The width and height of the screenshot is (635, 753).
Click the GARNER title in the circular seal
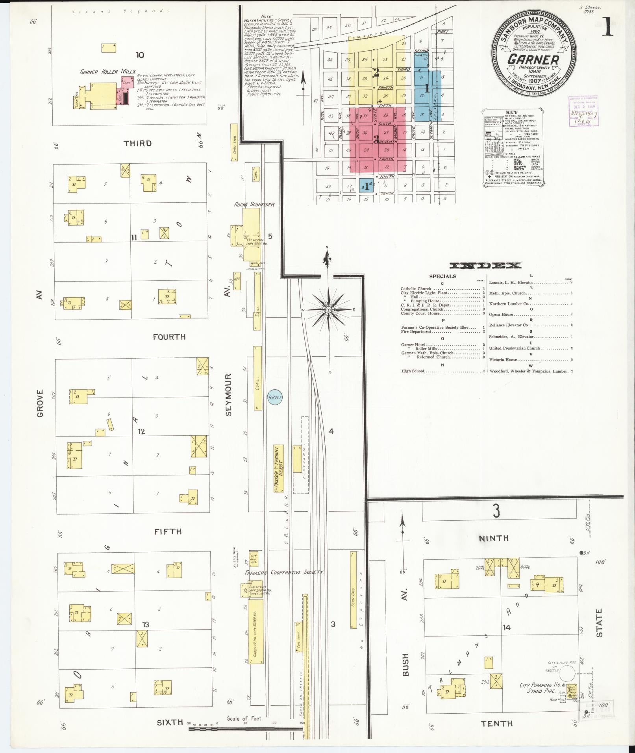[x=533, y=59]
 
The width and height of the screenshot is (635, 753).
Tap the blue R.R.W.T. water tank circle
[x=275, y=397]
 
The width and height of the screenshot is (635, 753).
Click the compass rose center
[x=328, y=310]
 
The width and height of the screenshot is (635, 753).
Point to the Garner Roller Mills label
[x=108, y=72]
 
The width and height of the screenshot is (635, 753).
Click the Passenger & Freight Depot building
[x=279, y=469]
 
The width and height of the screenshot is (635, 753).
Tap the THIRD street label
[x=138, y=143]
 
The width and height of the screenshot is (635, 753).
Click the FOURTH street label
[x=169, y=337]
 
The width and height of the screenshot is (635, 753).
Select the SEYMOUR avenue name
[x=229, y=394]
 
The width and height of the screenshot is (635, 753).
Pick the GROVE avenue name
[x=40, y=403]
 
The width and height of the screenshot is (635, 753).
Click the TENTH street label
[x=496, y=723]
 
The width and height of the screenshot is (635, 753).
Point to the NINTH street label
[x=494, y=538]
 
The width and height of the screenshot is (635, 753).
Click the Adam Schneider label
[x=254, y=204]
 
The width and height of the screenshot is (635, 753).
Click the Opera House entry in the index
[x=501, y=315]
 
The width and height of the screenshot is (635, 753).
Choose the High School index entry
[x=413, y=371]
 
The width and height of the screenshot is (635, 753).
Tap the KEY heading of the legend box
[x=511, y=113]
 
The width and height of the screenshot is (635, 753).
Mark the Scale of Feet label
[x=244, y=718]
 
